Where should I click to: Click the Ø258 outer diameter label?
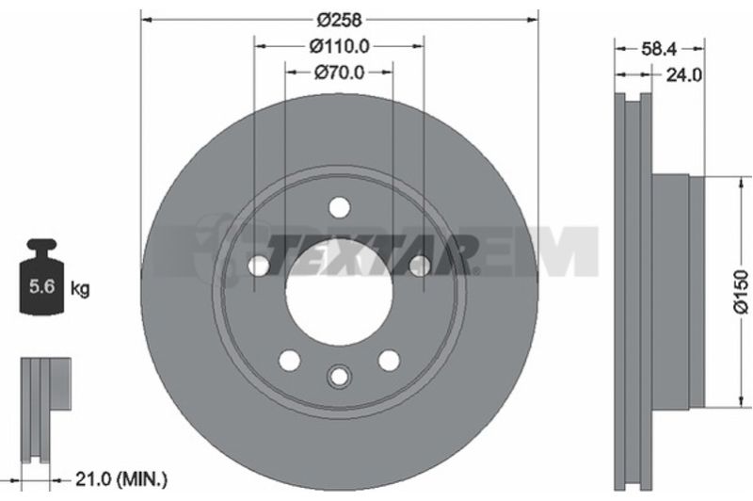tap(339, 20)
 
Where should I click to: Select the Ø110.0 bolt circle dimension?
tap(339, 46)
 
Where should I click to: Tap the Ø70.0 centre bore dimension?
tap(339, 73)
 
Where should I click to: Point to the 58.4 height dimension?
tap(659, 49)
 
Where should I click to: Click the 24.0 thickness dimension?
tap(684, 75)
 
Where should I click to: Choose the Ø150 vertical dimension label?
tap(742, 292)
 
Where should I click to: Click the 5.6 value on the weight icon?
tap(41, 287)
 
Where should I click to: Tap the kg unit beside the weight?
tap(80, 289)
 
